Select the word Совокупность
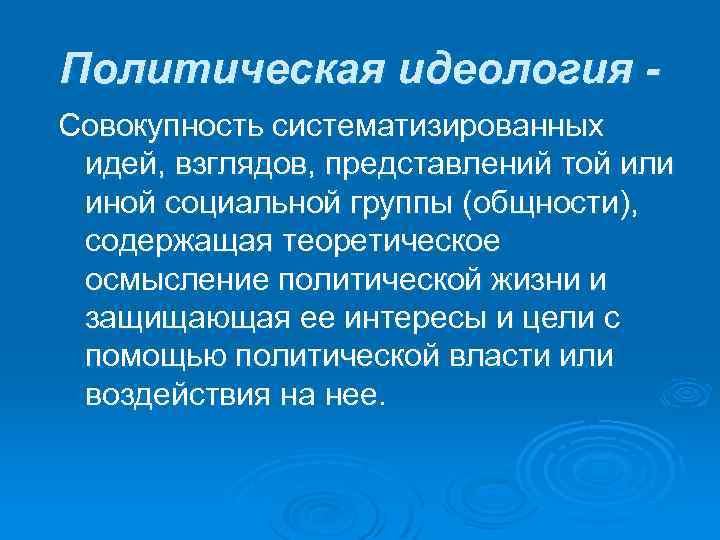point(157,126)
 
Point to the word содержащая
point(176,241)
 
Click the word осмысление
point(174,279)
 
